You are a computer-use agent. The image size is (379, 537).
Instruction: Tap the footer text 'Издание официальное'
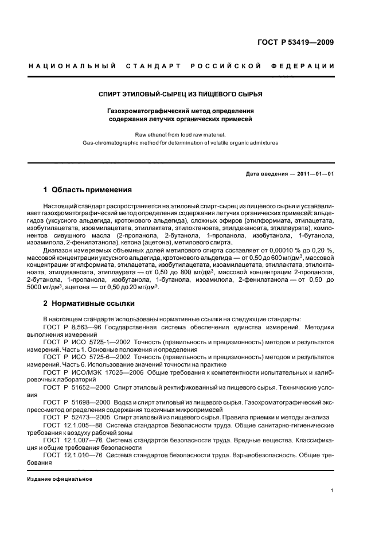point(60,478)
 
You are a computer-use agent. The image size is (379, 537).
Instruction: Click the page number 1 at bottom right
point(333,491)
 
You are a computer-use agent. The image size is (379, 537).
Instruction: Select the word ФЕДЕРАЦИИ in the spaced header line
point(304,67)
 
